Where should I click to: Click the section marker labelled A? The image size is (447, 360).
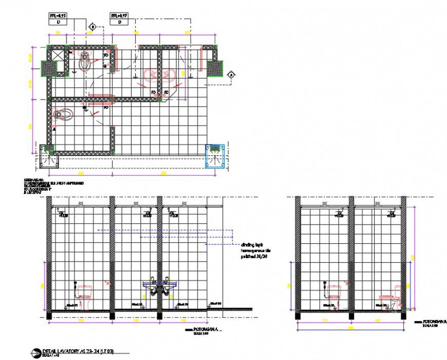pos(231,75)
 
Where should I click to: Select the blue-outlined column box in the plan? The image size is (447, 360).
pos(215,155)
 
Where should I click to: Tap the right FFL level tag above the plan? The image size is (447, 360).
pos(120,20)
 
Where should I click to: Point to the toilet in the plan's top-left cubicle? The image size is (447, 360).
pos(85,63)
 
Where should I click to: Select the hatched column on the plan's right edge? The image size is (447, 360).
pos(215,67)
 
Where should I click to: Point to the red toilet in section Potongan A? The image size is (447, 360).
pos(84,297)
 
